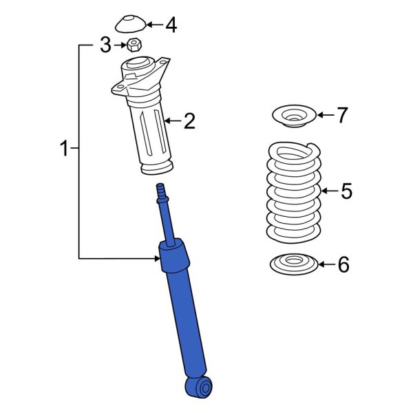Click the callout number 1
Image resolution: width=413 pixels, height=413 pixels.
click(x=64, y=148)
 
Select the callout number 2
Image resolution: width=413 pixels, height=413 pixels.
click(x=189, y=122)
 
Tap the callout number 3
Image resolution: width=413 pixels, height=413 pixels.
click(x=105, y=46)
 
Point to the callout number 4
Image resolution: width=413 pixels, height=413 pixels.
click(x=170, y=25)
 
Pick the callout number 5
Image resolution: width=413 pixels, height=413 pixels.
click(x=346, y=191)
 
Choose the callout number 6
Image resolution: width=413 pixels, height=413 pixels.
click(x=343, y=264)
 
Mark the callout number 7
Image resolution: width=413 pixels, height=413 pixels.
click(x=343, y=115)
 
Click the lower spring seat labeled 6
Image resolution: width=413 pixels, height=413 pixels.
click(x=294, y=264)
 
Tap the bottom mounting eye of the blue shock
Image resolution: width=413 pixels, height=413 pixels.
click(x=200, y=388)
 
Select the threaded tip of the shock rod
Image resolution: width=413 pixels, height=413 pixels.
click(x=162, y=191)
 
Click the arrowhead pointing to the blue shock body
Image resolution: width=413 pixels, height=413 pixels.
click(x=157, y=258)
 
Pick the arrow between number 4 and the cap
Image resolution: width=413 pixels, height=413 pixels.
click(x=153, y=25)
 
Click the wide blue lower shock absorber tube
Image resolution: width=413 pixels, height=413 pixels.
click(x=184, y=324)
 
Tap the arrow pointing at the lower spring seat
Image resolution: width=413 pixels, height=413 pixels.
click(x=326, y=264)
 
